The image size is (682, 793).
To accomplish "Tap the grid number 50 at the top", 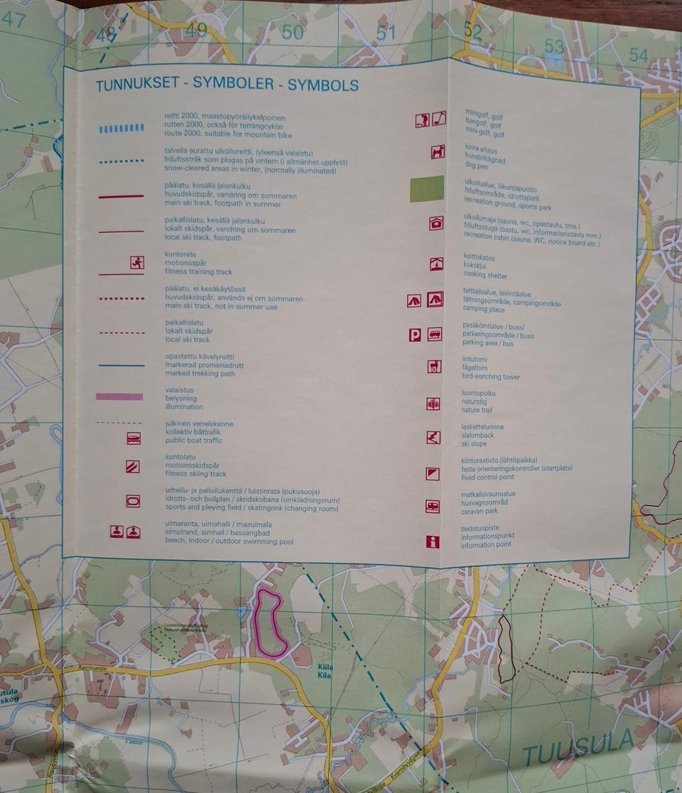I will pos(292,32).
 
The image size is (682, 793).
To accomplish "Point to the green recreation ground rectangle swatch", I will pos(427,189).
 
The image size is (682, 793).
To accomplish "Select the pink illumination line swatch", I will pos(119,397).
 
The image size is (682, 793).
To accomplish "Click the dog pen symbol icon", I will pos(437,151).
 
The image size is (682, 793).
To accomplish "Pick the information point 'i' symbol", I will pos(433,542).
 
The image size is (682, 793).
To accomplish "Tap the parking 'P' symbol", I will pos(415,335).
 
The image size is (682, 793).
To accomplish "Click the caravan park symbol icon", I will pos(433,507).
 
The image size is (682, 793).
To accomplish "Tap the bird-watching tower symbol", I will pos(434,367).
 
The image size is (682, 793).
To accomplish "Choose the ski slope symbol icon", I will pos(433,438).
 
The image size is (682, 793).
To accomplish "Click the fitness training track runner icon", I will pos(137,262).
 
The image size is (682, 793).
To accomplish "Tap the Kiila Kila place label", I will pos(325,671).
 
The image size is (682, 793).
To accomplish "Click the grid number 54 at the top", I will pos(639,55).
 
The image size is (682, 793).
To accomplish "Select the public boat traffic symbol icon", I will pos(134,438).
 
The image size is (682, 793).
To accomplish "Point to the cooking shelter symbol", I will pos(435,264).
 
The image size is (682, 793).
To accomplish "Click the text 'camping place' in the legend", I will pos(484,310).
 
